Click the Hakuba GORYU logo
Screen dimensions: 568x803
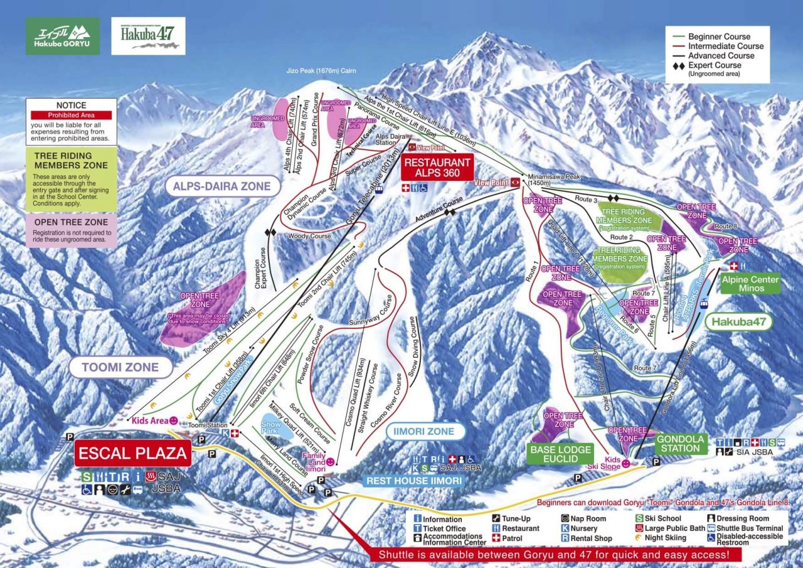coord(62,36)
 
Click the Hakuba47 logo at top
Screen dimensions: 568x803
coord(148,36)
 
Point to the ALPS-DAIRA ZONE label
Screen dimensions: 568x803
coord(223,186)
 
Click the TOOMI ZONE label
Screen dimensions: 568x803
coord(120,367)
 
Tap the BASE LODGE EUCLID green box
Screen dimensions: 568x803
coord(560,454)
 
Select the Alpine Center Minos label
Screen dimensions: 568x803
coord(750,284)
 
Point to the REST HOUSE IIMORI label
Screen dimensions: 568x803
coord(414,481)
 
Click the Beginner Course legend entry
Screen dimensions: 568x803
coord(719,36)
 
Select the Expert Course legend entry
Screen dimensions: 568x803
coord(715,65)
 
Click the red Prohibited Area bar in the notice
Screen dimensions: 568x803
coord(71,115)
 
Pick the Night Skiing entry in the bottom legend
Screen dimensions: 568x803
coord(661,538)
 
